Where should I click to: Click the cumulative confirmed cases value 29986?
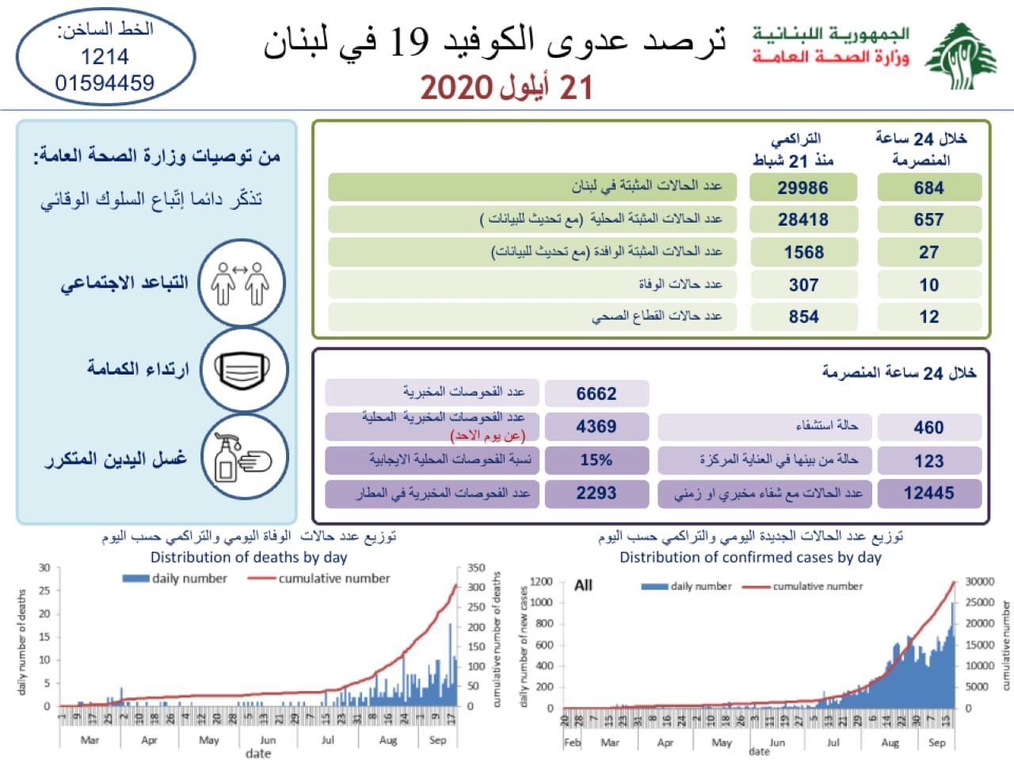tap(803, 188)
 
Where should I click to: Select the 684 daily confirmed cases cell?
tap(928, 188)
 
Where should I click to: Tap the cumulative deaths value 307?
tap(803, 285)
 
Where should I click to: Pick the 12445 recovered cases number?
tap(928, 493)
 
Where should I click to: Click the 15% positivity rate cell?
tap(596, 460)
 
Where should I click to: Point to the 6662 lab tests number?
tap(596, 393)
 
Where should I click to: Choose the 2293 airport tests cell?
tap(596, 493)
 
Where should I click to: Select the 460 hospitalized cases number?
tap(928, 427)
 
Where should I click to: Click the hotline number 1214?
tap(105, 57)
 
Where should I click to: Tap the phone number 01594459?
tap(105, 82)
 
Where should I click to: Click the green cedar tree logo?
tap(961, 56)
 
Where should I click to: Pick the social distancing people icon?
tap(241, 283)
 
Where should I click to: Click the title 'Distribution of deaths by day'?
tap(249, 557)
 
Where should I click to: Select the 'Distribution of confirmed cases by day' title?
tap(750, 557)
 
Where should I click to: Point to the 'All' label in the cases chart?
tap(583, 585)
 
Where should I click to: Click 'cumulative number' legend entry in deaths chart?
tap(334, 579)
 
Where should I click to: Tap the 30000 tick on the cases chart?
tap(979, 582)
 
